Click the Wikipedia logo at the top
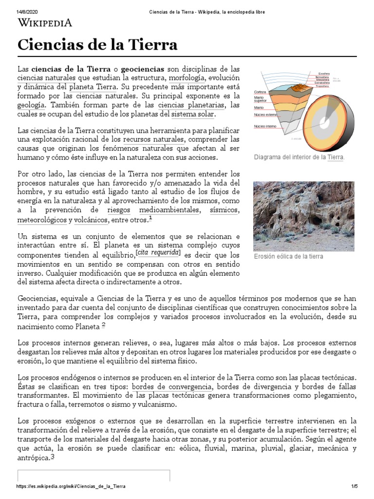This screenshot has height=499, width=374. tap(45, 22)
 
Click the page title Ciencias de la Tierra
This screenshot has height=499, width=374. tap(97, 45)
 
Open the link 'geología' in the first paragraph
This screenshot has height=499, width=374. tap(32, 105)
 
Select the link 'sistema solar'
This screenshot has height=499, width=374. tap(192, 114)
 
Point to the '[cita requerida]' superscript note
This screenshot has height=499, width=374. tap(158, 252)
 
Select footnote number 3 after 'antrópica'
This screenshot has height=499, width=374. tap(53, 457)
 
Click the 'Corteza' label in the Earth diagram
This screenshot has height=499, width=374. tap(260, 92)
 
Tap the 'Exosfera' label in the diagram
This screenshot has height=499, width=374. tap(324, 74)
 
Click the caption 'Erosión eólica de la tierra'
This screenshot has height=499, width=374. tap(288, 256)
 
